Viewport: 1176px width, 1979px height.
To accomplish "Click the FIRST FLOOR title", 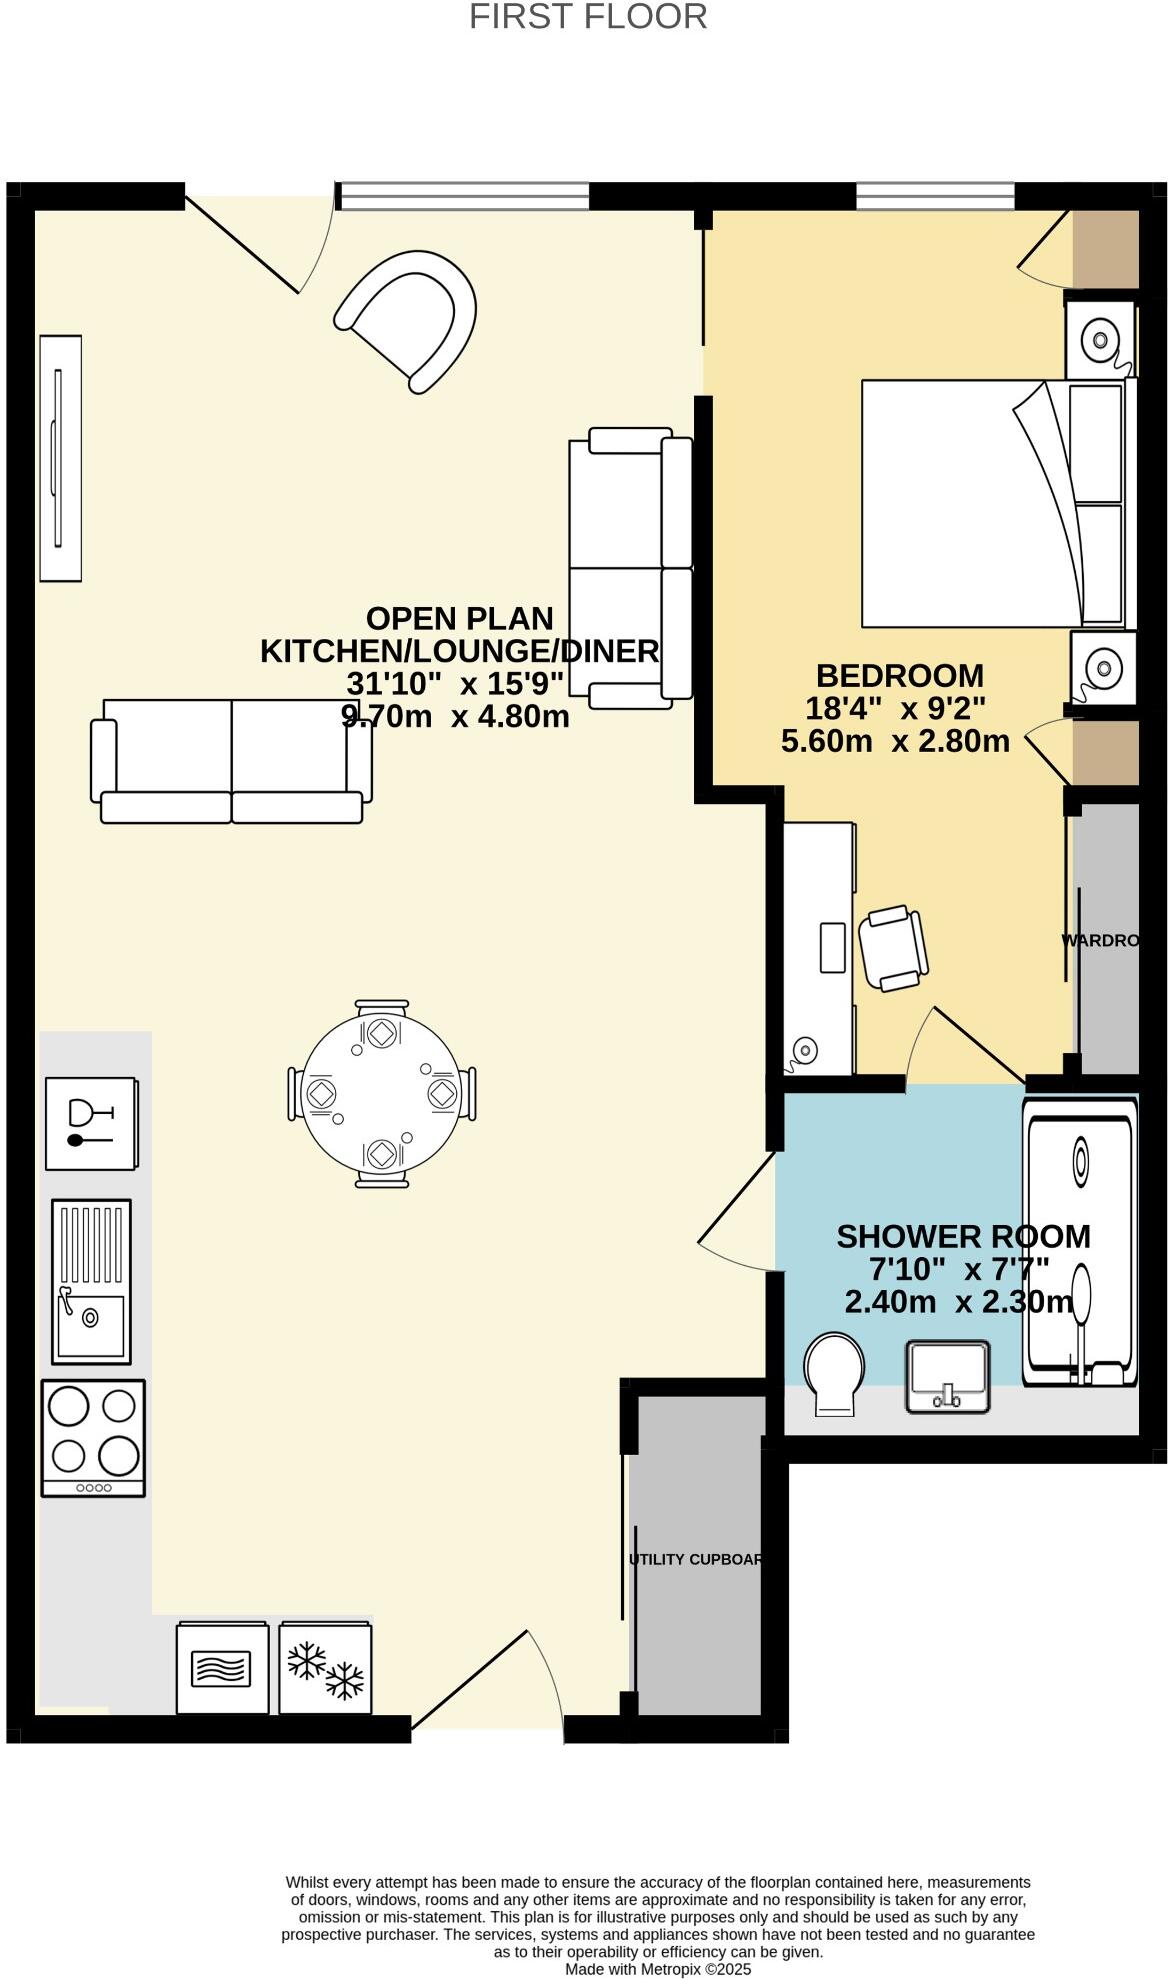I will (x=588, y=17).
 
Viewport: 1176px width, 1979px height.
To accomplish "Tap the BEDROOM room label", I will (x=899, y=676).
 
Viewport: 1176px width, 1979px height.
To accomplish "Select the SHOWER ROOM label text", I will (x=963, y=1237).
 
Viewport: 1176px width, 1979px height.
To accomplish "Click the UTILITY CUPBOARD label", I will (x=696, y=1559).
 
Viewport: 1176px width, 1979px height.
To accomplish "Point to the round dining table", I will (x=382, y=1094).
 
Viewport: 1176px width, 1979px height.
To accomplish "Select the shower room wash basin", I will (x=947, y=1376).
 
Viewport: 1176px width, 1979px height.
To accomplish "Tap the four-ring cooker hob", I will (x=93, y=1437).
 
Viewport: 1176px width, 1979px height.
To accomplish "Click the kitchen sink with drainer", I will (x=91, y=1281).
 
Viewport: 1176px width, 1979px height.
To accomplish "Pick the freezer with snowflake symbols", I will (x=326, y=1668).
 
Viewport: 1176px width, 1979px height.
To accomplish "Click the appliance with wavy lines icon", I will (x=222, y=1668).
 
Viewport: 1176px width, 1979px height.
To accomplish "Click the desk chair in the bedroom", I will (x=893, y=947).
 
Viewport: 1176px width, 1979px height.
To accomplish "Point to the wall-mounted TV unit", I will (x=60, y=457).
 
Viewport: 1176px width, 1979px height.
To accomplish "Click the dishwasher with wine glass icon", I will (x=91, y=1123).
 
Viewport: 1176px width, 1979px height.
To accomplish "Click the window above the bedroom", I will (x=935, y=197).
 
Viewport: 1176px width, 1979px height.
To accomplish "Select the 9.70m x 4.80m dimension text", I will (x=456, y=716).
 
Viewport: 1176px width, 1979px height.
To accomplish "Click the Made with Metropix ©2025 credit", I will (x=658, y=1969).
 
